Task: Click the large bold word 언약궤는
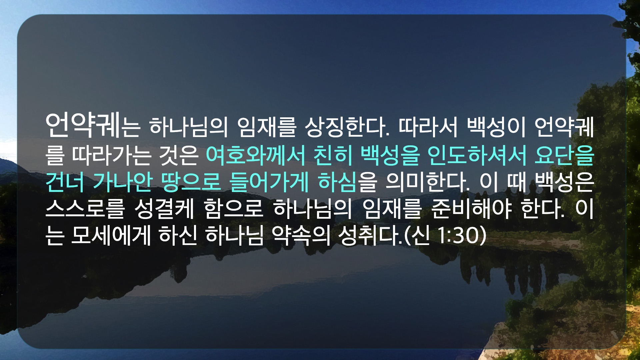click(92, 126)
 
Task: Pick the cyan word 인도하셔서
click(477, 155)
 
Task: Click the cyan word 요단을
click(564, 155)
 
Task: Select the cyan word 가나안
click(123, 182)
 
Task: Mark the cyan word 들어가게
click(269, 182)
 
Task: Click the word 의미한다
click(428, 182)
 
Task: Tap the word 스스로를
click(85, 209)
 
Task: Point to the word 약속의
click(301, 236)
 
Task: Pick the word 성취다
click(370, 236)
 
